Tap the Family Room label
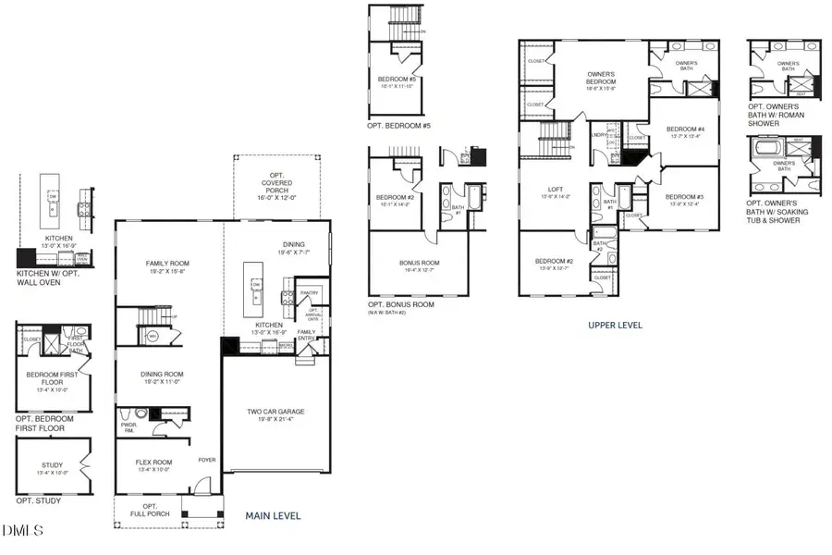point(167,265)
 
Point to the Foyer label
point(206,459)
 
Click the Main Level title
point(273,516)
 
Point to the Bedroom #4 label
point(685,129)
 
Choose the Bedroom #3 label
point(684,197)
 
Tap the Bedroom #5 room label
point(398,80)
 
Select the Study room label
point(52,465)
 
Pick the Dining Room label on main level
point(161,375)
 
